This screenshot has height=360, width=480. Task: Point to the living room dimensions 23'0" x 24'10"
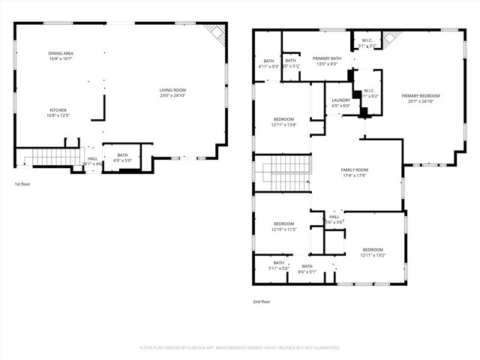172,95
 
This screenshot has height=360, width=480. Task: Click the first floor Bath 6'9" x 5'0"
122,157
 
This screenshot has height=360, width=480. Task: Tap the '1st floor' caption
23,184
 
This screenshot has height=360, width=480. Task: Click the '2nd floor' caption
262,301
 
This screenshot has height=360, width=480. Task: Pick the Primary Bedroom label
420,96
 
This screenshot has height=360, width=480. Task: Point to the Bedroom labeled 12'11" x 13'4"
283,123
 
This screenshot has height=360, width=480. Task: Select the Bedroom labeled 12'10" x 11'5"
283,226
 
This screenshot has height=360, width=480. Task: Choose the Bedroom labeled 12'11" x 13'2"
373,252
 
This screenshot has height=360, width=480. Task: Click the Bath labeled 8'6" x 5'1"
307,268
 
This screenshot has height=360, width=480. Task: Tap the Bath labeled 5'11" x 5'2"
279,265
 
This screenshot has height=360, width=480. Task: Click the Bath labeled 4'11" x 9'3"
268,64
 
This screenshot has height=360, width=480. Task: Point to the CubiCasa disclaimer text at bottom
240,347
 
